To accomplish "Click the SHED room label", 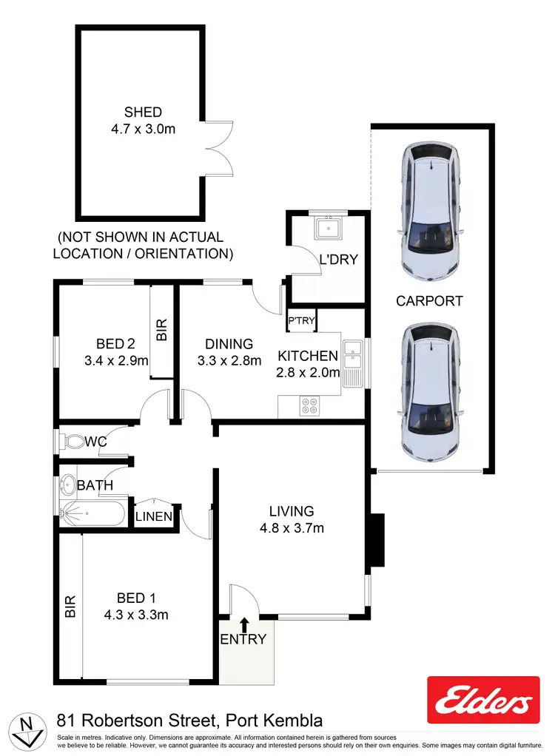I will (x=143, y=112).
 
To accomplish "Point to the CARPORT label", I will (x=429, y=301).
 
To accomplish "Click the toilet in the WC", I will (x=73, y=442).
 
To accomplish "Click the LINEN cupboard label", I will (x=154, y=516).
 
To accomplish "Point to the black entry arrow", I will (x=245, y=624).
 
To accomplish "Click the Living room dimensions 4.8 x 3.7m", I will (x=292, y=528).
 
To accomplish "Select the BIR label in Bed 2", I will (x=162, y=329).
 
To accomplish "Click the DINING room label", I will (x=229, y=344).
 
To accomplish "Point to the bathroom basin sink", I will (x=68, y=485).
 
